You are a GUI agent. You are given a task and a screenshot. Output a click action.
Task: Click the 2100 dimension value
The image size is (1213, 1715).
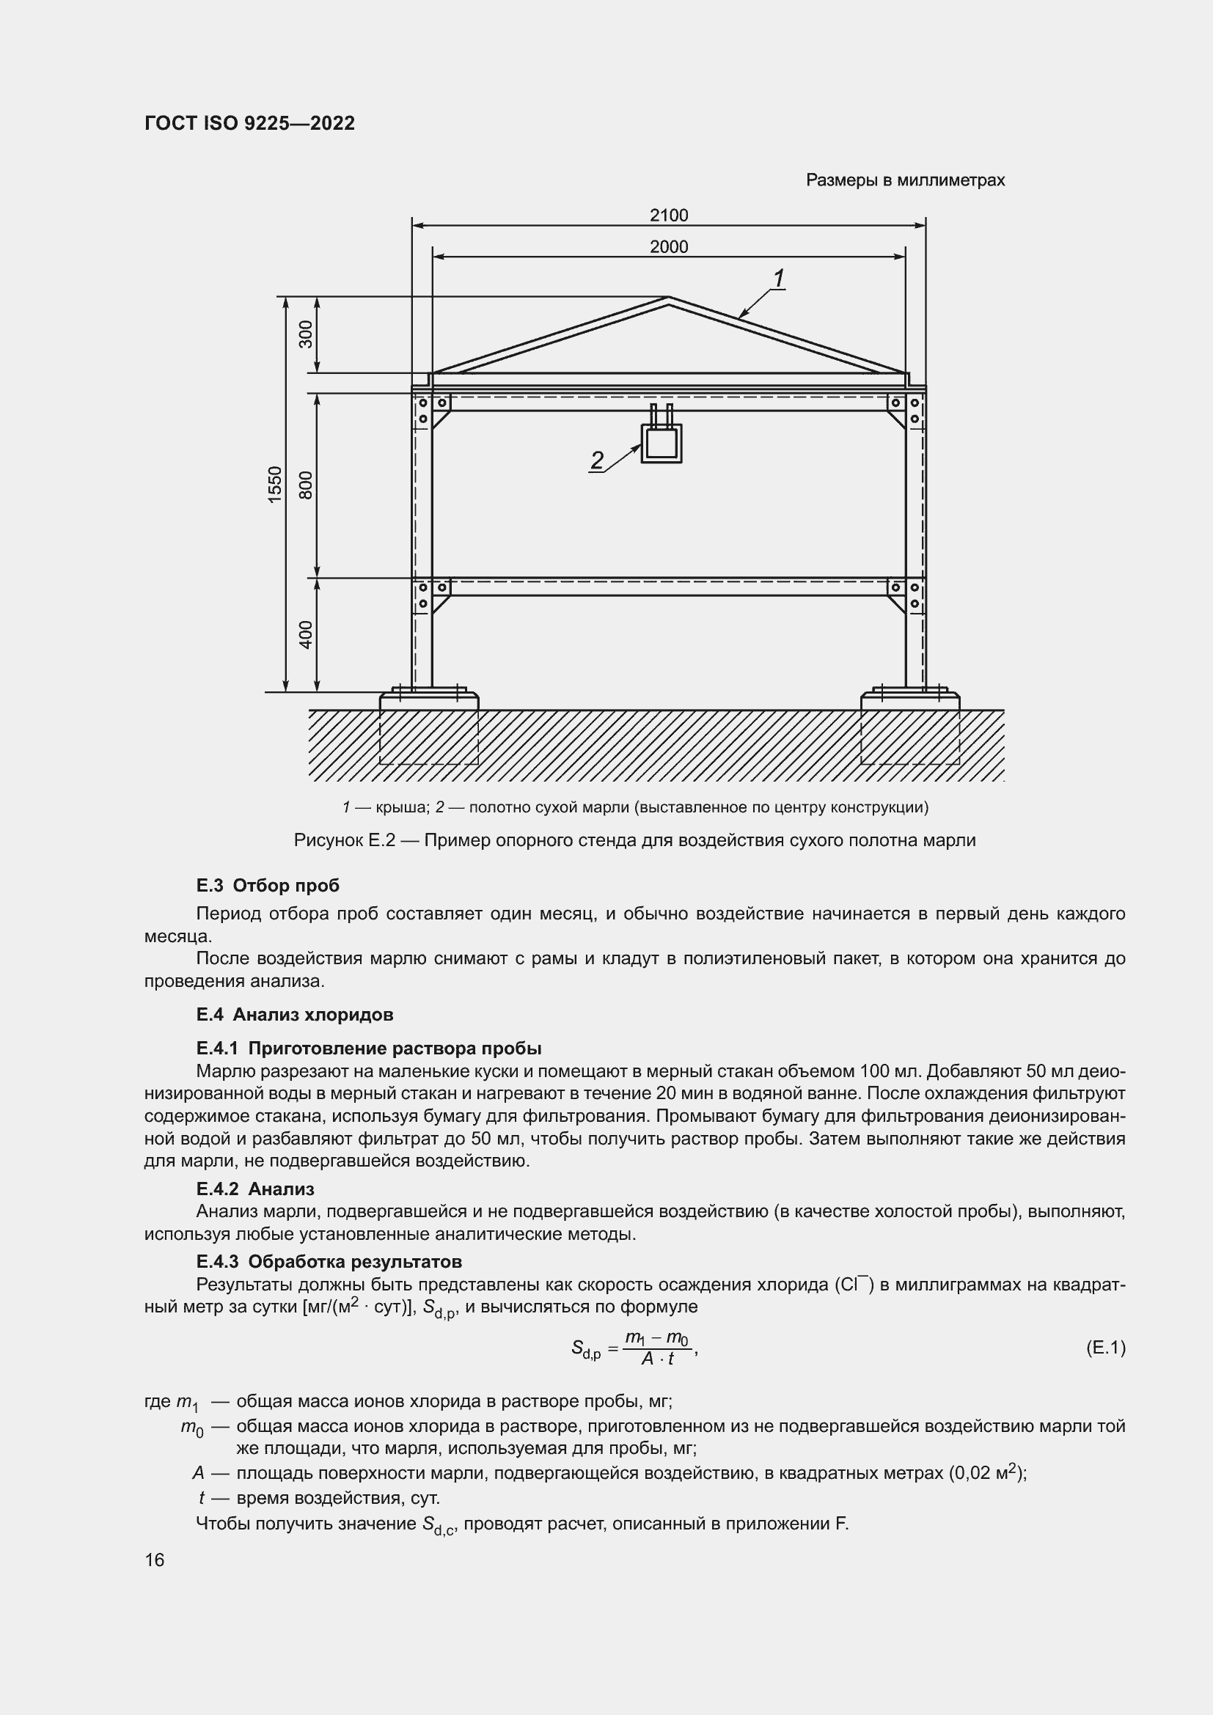(x=669, y=215)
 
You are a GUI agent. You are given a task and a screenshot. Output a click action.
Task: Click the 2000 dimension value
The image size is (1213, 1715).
(x=669, y=246)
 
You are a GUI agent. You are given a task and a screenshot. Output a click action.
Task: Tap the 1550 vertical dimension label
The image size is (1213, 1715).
(x=276, y=485)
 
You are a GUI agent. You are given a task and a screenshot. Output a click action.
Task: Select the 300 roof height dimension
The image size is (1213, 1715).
(x=307, y=334)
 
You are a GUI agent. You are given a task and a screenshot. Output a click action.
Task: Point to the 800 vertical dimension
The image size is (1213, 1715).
(x=307, y=485)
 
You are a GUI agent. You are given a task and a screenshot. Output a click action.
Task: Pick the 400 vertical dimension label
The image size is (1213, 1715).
(x=307, y=634)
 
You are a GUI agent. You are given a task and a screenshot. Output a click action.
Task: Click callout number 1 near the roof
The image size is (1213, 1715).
(x=778, y=279)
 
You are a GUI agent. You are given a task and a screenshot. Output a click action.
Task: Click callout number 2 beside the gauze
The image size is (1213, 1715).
(x=597, y=460)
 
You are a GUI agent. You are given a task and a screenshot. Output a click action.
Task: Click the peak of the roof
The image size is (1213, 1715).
(x=669, y=298)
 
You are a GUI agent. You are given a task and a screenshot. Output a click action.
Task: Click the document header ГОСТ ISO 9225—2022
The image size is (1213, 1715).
(x=249, y=123)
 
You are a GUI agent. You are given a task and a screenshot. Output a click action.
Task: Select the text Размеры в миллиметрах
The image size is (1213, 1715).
(x=905, y=180)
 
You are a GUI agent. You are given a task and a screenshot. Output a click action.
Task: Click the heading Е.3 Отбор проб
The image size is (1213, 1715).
(x=268, y=885)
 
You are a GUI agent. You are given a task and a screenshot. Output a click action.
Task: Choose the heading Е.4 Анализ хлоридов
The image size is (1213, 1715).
(x=294, y=1014)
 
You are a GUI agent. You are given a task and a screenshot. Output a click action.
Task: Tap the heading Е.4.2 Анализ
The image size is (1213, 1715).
(x=254, y=1189)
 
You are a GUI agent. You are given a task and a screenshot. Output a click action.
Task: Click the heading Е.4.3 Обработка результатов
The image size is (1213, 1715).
(x=329, y=1262)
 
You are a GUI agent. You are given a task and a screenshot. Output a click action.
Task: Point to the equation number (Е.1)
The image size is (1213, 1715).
(x=1104, y=1348)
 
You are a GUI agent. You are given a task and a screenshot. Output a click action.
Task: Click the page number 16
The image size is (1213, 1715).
(x=155, y=1560)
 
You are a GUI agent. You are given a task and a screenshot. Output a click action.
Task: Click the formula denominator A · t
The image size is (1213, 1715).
(x=657, y=1359)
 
